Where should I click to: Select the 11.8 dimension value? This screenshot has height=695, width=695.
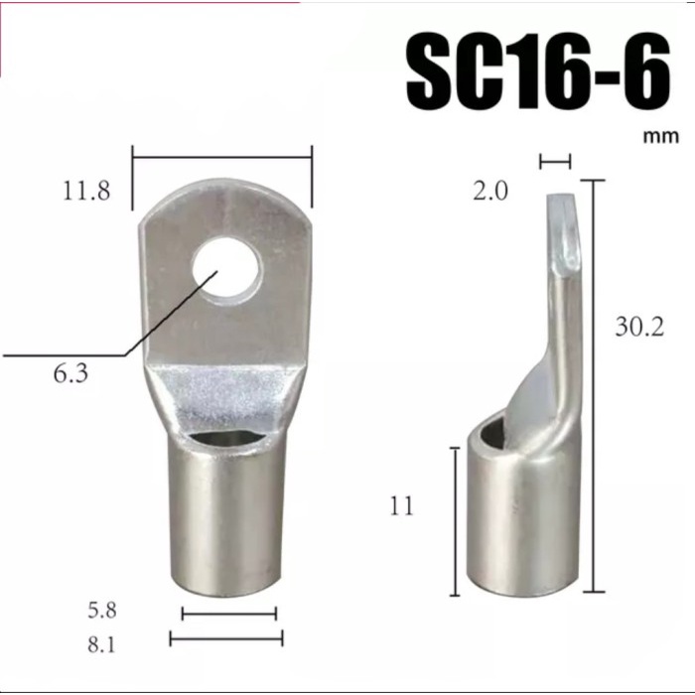click(86, 191)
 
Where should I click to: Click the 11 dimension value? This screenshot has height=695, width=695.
click(401, 506)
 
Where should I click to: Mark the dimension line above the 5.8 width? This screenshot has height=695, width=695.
click(228, 614)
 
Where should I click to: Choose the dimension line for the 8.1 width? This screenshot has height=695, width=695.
click(226, 638)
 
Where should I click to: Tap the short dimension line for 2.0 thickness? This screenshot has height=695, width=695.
click(555, 160)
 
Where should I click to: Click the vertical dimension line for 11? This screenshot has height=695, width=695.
click(455, 521)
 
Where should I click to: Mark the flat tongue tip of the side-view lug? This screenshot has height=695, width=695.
click(561, 228)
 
